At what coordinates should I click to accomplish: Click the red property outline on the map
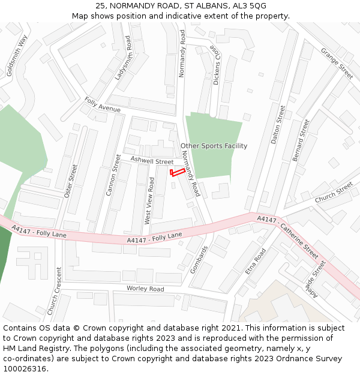click(176, 173)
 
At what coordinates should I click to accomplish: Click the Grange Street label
click(337, 64)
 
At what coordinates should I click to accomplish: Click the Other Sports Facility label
click(214, 146)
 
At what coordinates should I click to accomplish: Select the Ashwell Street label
click(152, 160)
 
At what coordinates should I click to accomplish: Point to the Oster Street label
click(71, 181)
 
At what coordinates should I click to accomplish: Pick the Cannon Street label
click(113, 176)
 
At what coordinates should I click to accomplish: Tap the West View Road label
click(150, 200)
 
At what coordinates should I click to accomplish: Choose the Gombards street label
click(199, 259)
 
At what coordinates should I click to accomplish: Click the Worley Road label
click(145, 289)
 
